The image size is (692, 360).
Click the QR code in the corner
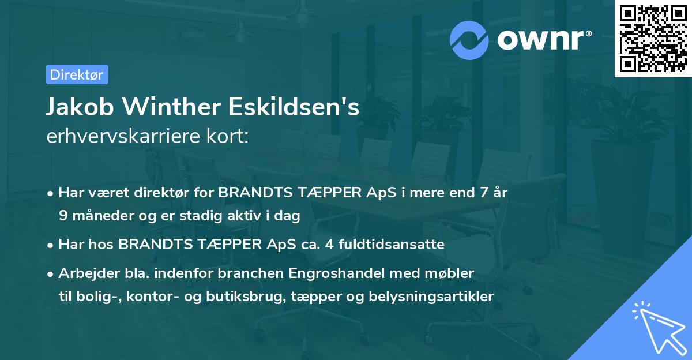(653, 39)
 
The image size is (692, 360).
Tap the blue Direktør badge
(77, 74)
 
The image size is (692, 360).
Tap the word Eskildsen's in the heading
(296, 108)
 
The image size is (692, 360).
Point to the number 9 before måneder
(63, 215)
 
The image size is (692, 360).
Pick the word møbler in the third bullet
(454, 273)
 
